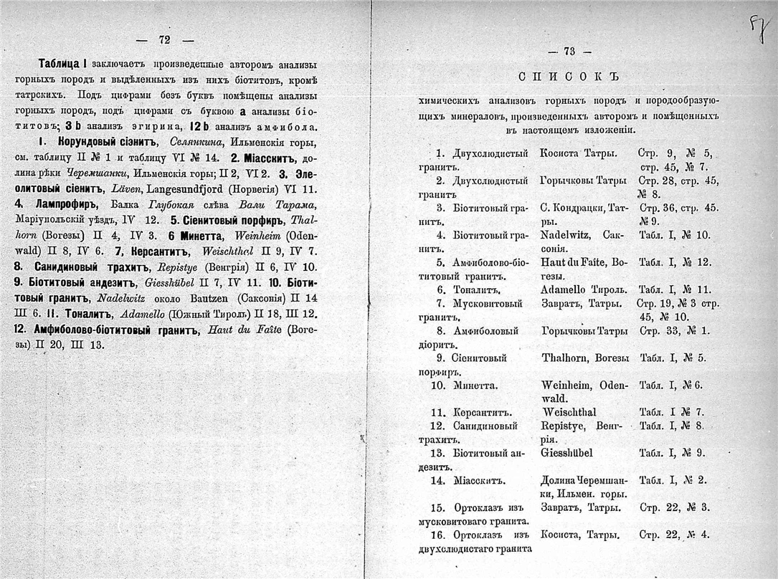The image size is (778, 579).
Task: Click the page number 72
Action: (164, 40)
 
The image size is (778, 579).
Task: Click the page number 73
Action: (570, 51)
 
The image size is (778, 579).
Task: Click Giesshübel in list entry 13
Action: (567, 453)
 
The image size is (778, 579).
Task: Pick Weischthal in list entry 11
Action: (569, 413)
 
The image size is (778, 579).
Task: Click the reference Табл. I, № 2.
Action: (673, 480)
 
